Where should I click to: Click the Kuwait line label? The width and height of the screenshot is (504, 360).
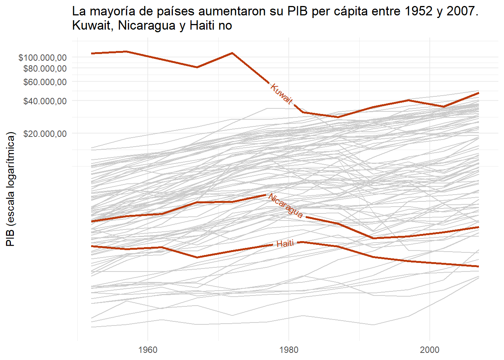click(281, 93)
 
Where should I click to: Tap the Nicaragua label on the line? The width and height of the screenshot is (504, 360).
click(285, 206)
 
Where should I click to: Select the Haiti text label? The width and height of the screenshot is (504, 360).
click(285, 244)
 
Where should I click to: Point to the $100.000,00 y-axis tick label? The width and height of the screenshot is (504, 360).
click(43, 57)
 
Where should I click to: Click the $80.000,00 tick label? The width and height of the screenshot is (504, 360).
click(45, 68)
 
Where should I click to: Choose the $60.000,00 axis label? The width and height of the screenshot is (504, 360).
click(45, 82)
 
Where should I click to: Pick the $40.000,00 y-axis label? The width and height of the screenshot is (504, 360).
click(45, 101)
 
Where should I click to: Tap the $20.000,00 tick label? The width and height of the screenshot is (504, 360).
click(45, 133)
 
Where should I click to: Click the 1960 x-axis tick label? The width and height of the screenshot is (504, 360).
click(148, 350)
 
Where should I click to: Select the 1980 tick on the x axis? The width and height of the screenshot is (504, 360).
click(289, 350)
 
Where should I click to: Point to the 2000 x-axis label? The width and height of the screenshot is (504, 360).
click(430, 350)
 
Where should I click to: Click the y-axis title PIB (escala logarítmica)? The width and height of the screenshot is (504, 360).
click(10, 189)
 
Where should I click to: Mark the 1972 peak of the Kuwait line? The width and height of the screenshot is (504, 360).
click(232, 53)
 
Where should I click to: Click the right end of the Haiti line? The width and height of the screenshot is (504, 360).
click(478, 267)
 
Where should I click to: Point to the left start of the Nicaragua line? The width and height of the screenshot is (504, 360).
click(91, 221)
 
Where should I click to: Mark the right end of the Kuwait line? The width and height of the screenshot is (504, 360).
click(478, 93)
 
